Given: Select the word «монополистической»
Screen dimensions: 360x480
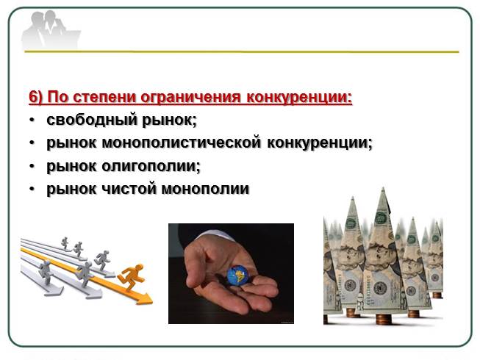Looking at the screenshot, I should coord(177,143).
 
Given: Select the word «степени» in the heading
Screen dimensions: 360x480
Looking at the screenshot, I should coord(103,96).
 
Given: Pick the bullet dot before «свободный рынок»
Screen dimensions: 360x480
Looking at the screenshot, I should coord(32,120).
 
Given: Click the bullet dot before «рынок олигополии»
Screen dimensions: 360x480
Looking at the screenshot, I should coord(32,167).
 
